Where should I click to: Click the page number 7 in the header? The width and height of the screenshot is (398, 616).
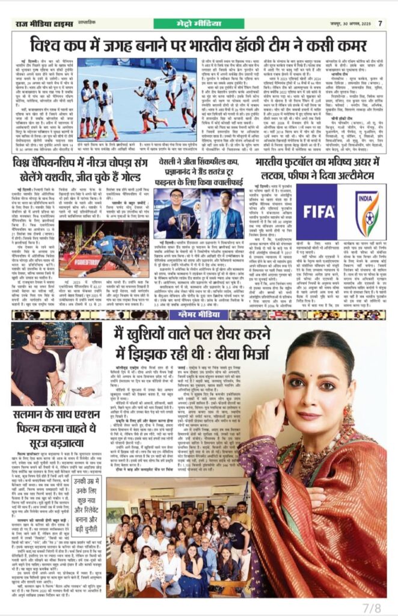380,23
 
